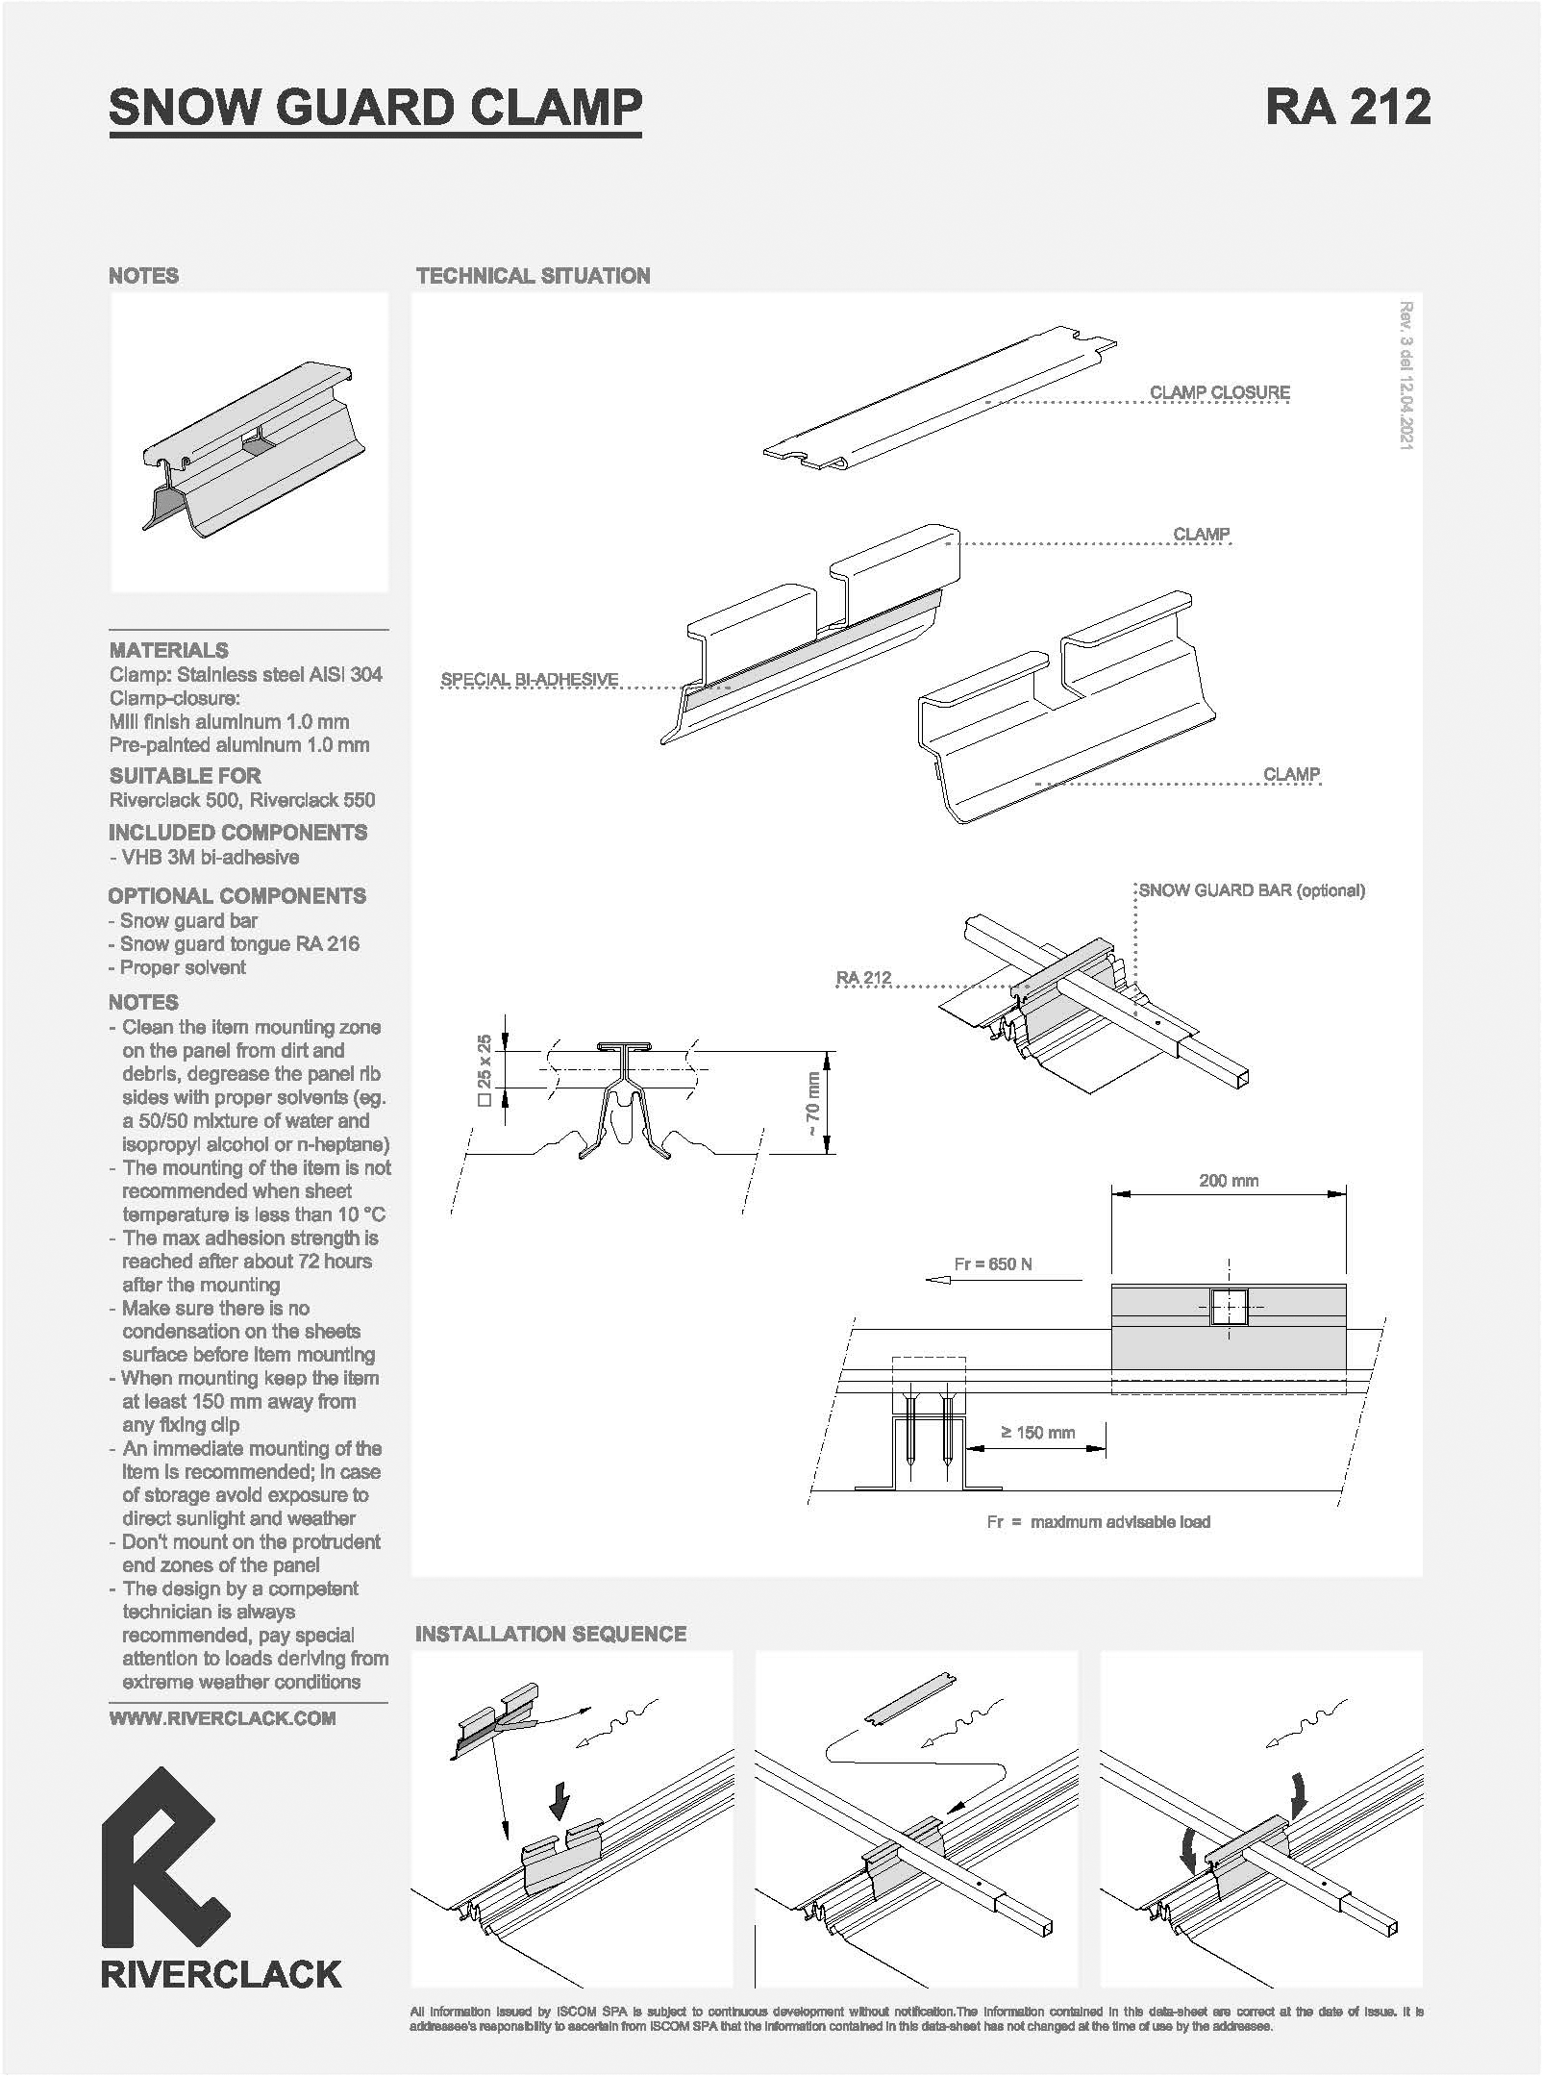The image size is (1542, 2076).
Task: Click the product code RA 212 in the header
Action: click(x=1348, y=106)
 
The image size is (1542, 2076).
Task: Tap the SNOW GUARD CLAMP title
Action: click(x=375, y=107)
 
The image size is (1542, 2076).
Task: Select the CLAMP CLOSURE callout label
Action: click(x=1219, y=392)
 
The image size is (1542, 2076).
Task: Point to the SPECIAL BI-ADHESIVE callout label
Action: click(x=529, y=680)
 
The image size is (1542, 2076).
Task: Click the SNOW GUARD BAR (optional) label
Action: click(x=1252, y=890)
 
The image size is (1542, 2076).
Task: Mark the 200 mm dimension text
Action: click(x=1229, y=1181)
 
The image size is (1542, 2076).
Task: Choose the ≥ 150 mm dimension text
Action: click(x=1038, y=1433)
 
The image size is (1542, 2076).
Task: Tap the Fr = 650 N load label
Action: click(x=993, y=1263)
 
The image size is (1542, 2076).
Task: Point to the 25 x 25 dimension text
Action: click(x=485, y=1069)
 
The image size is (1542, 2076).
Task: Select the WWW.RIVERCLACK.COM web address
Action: click(x=222, y=1718)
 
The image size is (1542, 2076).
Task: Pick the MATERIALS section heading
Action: click(x=168, y=650)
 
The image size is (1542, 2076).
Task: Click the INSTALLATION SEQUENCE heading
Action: click(x=551, y=1634)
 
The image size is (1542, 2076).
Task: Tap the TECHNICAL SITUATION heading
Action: click(x=534, y=276)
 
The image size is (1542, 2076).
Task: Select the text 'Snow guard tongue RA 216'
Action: click(x=239, y=944)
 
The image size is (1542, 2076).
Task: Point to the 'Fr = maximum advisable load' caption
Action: click(x=1098, y=1522)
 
